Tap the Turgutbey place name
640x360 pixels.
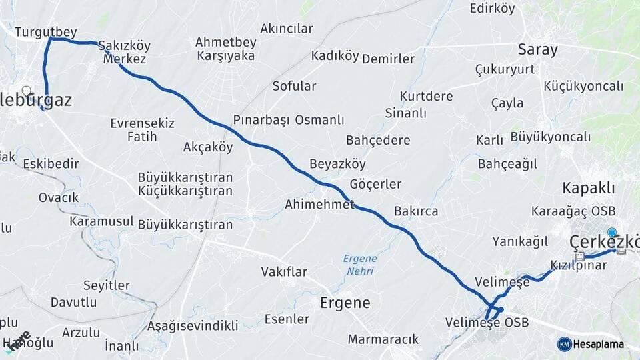point(46,31)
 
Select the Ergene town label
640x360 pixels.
point(345,303)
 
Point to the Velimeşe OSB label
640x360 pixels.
point(487,323)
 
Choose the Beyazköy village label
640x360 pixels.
point(337,164)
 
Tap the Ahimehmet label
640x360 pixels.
point(319,204)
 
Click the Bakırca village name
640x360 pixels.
point(416,211)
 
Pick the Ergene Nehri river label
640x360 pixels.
point(360,265)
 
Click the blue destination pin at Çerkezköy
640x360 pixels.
point(612,233)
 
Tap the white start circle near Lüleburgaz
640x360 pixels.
point(26,91)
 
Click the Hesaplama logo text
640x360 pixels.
point(599,344)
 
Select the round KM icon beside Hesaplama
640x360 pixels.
point(564,344)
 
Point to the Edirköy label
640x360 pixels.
point(492,9)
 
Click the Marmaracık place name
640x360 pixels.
point(383,339)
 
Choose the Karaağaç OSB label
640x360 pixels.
point(573,211)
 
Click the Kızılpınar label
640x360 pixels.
point(579,265)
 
